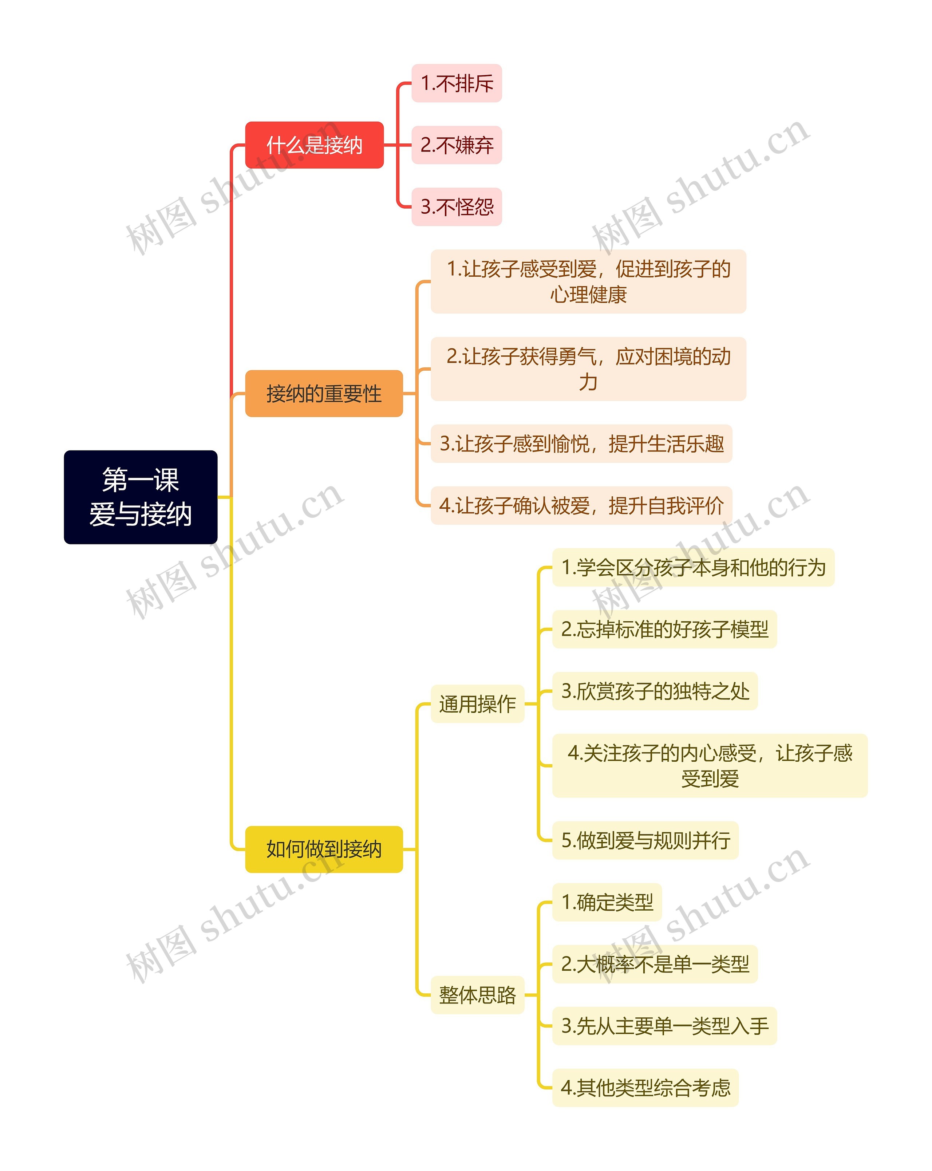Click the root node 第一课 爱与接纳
(141, 497)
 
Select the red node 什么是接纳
(315, 145)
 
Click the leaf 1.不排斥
(457, 83)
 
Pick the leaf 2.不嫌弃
(457, 145)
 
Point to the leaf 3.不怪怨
(457, 207)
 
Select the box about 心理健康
(588, 281)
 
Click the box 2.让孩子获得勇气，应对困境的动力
(588, 369)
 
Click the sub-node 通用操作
(477, 704)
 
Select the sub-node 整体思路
(477, 995)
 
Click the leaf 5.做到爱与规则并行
(645, 841)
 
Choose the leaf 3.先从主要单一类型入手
(665, 1026)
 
